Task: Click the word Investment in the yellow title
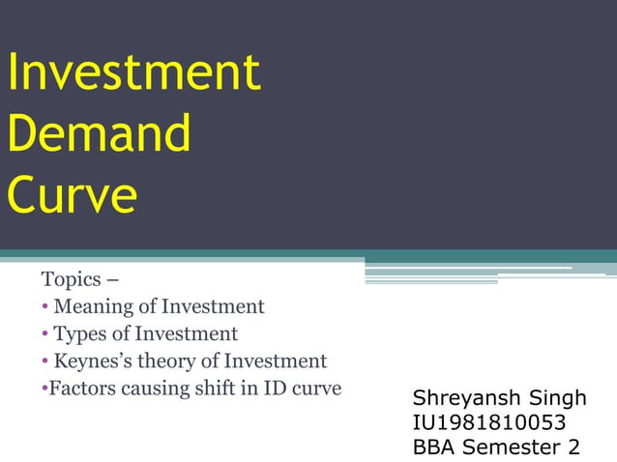tap(133, 73)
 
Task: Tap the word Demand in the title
tap(100, 134)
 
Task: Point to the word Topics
tap(72, 280)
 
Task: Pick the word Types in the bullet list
tap(78, 334)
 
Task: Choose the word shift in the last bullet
tap(208, 389)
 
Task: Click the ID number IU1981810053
tap(488, 422)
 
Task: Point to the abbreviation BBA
tap(434, 447)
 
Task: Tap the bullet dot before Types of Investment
tap(45, 335)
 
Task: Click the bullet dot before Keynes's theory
tap(45, 362)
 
